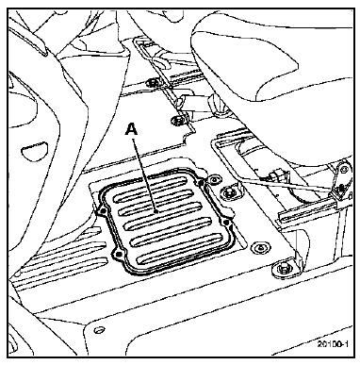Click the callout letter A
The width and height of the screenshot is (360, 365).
point(132,129)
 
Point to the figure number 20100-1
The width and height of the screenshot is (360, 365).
point(333,344)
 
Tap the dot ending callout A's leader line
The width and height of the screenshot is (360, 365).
point(157,211)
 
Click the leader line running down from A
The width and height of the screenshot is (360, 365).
point(145,174)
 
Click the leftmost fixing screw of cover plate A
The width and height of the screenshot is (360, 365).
point(102,212)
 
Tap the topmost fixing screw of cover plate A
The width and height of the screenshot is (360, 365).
point(200,182)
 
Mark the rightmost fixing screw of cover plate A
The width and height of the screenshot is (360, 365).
point(226,223)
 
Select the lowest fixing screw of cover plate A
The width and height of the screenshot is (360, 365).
point(118,255)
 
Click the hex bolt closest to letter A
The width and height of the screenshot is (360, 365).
point(178,120)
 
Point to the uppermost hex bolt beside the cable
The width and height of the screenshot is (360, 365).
point(154,83)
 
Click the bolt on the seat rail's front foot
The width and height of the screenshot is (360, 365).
point(281,268)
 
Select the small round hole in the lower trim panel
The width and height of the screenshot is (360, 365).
point(100,330)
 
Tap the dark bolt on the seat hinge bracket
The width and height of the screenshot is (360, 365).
point(341,188)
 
